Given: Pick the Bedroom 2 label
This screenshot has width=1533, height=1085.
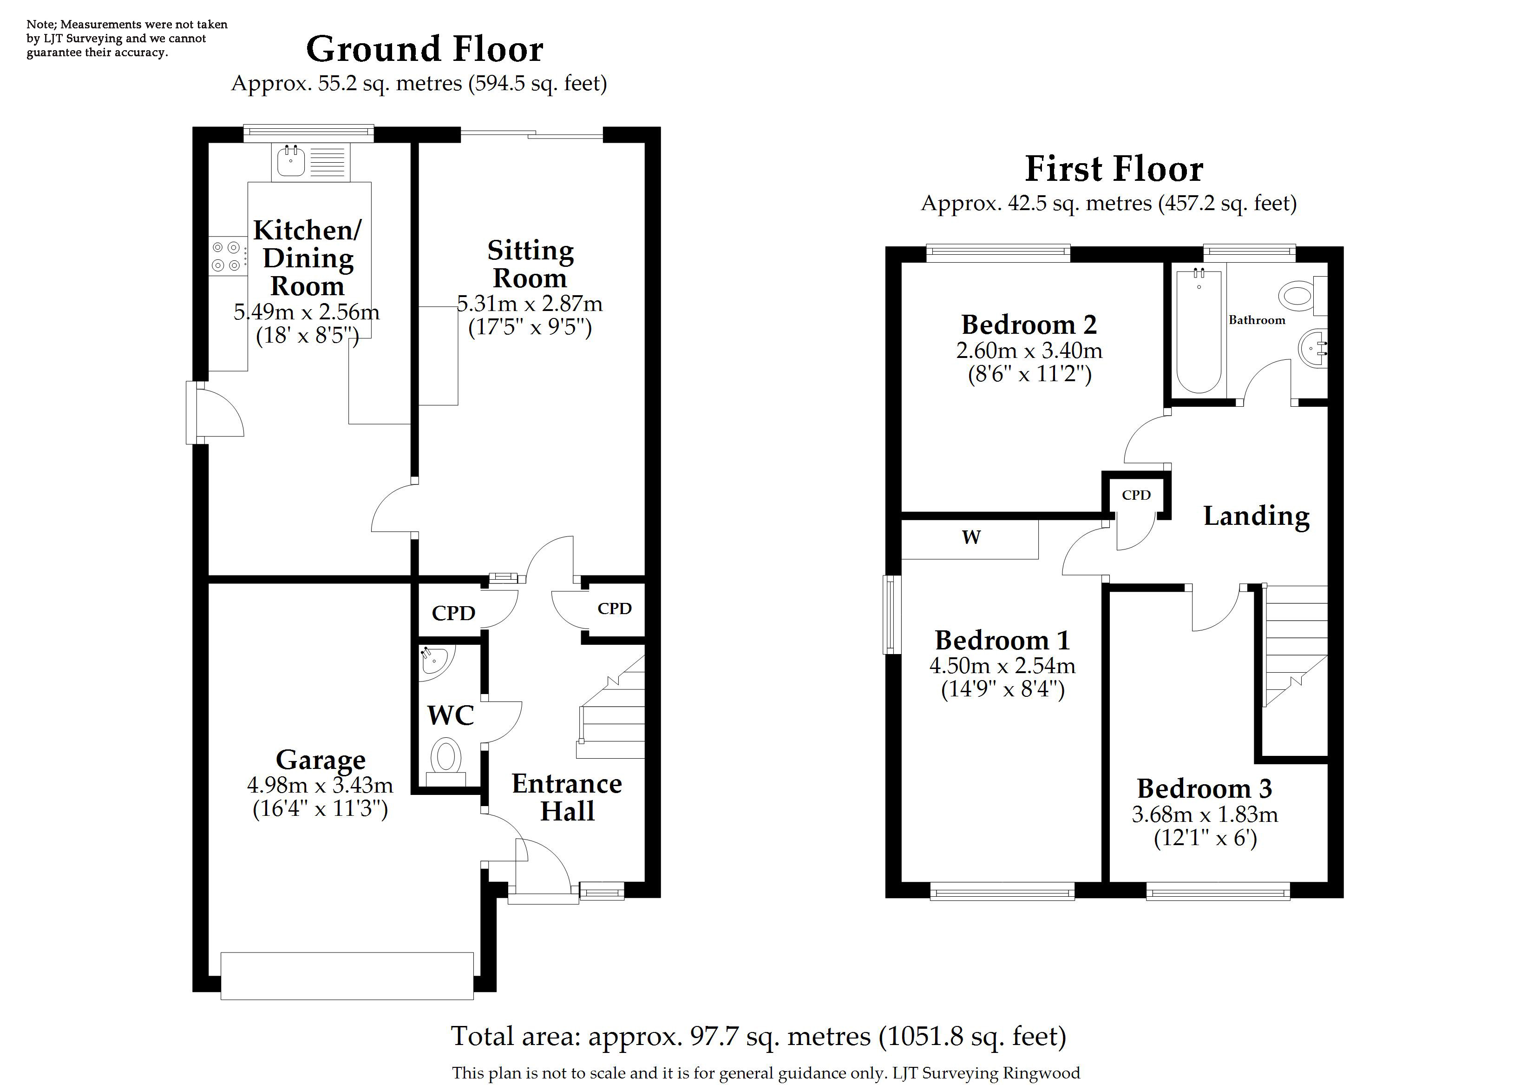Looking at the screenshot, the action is click(1029, 324).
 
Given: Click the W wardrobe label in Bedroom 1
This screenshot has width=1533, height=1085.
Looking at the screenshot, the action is click(971, 537).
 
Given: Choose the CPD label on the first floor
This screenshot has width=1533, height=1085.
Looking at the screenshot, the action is click(1136, 495).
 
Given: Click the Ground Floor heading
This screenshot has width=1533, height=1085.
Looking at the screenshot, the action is click(425, 49).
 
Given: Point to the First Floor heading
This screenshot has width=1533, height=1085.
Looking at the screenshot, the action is click(1114, 168).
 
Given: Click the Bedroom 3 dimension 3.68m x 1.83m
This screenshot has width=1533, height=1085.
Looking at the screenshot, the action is click(1205, 814).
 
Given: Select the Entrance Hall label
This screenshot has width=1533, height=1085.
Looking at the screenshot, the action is click(567, 797).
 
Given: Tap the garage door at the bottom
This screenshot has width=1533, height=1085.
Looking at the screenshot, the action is click(347, 976).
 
